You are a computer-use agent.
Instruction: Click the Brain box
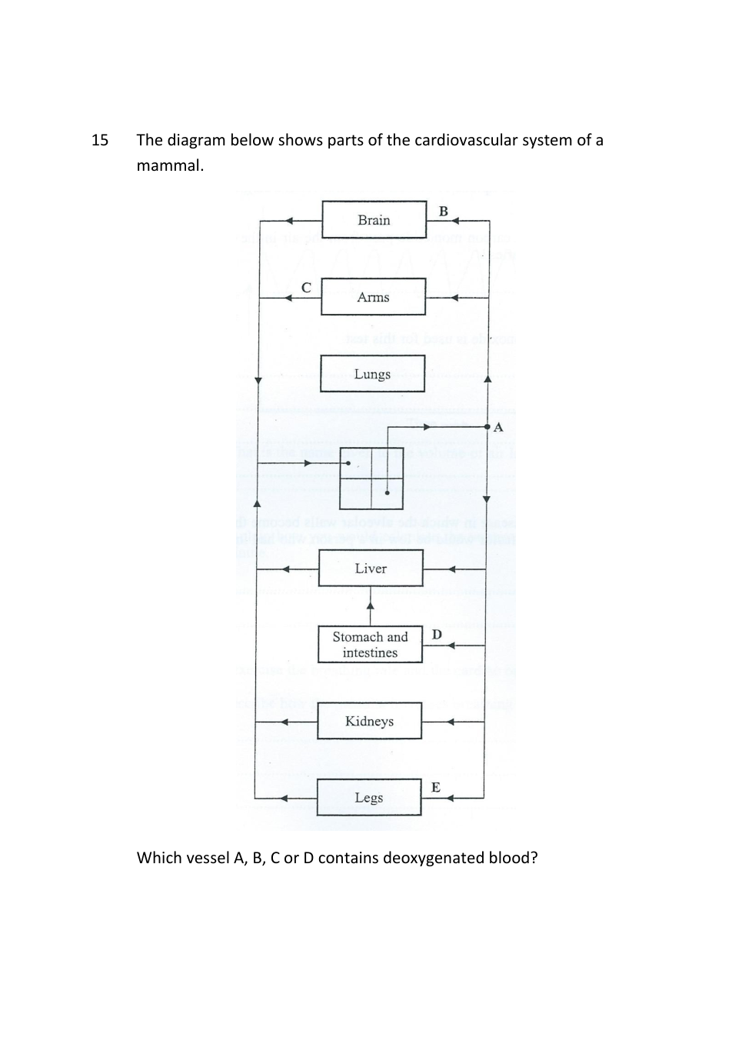(374, 220)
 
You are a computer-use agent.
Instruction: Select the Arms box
(373, 297)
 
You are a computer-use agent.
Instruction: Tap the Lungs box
(372, 374)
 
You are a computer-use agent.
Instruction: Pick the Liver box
(371, 569)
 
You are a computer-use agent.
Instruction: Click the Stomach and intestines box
(370, 645)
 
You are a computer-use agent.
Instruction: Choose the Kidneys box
(369, 721)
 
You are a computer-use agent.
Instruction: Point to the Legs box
(369, 798)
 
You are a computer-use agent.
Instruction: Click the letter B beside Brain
(444, 211)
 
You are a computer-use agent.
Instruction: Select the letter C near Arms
(306, 288)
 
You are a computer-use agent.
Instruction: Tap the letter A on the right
(498, 428)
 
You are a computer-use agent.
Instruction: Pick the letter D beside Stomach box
(437, 635)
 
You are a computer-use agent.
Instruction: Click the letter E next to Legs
(436, 787)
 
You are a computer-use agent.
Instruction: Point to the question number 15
(100, 140)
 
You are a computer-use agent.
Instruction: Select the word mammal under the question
(169, 165)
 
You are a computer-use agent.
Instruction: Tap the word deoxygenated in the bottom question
(425, 858)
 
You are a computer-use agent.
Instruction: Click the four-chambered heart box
(371, 478)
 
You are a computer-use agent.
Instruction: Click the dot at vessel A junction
(487, 426)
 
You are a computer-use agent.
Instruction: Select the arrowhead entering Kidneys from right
(451, 722)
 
